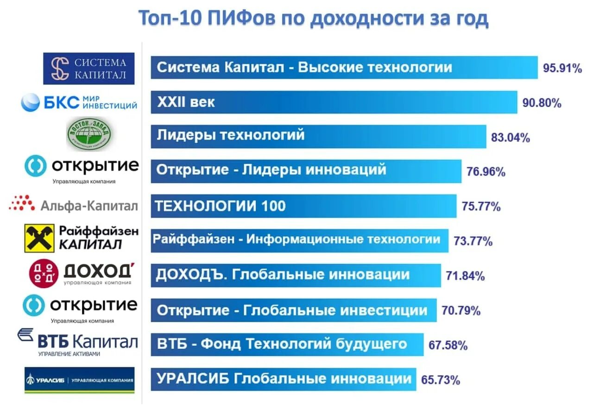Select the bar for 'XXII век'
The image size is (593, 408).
[334, 102]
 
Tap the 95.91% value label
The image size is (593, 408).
[562, 69]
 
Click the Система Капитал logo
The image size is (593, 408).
[89, 69]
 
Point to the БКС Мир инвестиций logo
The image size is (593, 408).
[79, 102]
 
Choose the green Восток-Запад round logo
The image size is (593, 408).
[88, 134]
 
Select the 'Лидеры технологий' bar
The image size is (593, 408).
[318, 136]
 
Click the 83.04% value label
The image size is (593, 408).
[510, 138]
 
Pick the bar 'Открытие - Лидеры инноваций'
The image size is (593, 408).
[306, 171]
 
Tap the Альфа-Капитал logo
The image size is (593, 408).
[73, 205]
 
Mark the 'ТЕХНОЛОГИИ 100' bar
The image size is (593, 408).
[303, 206]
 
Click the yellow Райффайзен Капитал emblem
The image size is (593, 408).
[40, 238]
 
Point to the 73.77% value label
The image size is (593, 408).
[473, 241]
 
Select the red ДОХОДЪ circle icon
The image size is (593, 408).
[44, 273]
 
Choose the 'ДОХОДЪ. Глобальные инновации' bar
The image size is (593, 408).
[296, 275]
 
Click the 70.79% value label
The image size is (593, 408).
[461, 311]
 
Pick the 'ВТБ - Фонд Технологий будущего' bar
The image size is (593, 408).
[287, 344]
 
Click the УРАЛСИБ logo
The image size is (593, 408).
[79, 380]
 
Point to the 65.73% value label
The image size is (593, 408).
[441, 381]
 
